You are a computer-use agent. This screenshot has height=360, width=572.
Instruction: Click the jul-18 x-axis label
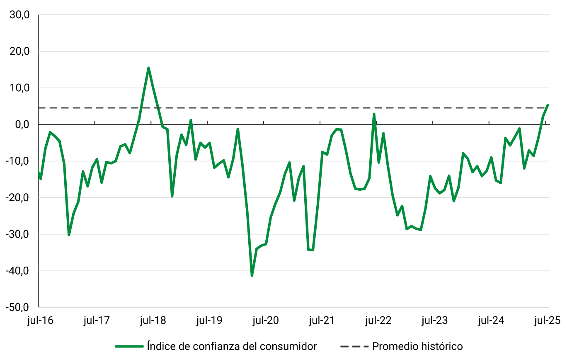[153, 321]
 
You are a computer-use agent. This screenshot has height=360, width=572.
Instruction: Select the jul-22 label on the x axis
[378, 321]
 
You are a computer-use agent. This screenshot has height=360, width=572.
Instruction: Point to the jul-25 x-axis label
[547, 321]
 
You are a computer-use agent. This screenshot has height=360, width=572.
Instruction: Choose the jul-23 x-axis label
[434, 321]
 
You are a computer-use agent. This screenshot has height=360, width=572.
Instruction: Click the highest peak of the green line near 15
[148, 68]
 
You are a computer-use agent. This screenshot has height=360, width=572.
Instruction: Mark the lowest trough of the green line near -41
[252, 275]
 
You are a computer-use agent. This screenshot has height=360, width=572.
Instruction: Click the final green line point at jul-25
[548, 105]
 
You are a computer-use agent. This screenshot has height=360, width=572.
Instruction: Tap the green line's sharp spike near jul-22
[374, 114]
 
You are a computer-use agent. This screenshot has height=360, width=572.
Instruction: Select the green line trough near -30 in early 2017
[69, 235]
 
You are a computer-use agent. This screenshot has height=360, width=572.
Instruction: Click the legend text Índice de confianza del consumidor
[232, 346]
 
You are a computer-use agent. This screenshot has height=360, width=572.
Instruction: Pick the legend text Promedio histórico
[417, 346]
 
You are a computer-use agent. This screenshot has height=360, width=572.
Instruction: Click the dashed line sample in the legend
[354, 346]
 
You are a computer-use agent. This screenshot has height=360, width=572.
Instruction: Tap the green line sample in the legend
[129, 346]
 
